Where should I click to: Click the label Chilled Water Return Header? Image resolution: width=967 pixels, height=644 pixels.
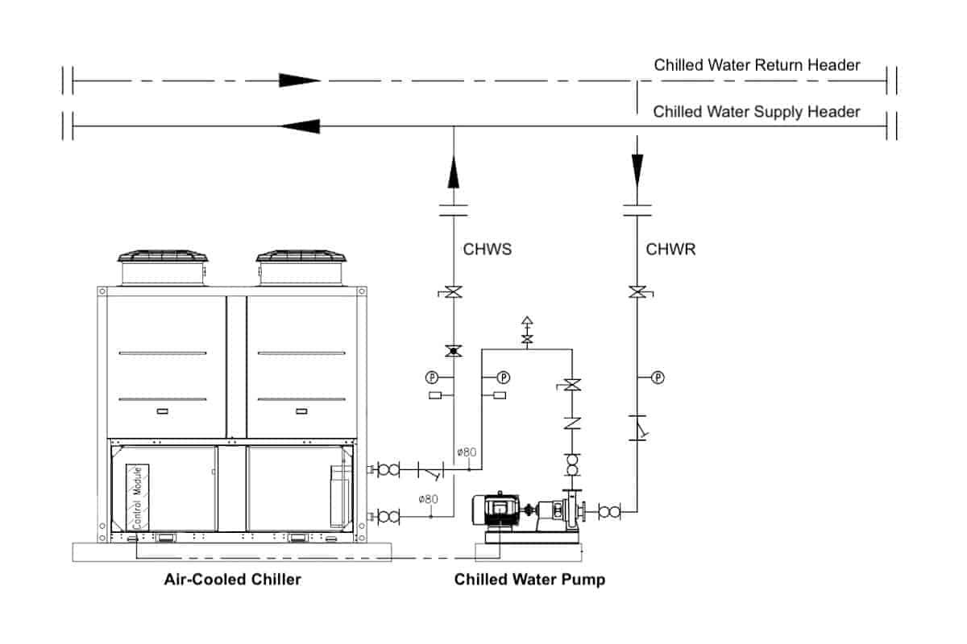click(x=757, y=65)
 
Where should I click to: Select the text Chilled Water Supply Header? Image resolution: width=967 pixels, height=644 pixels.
click(x=756, y=112)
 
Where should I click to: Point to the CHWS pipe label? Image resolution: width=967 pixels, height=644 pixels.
click(x=487, y=250)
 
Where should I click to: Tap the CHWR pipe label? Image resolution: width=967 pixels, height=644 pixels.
click(x=670, y=250)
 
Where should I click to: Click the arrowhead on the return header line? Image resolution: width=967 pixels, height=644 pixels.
click(x=299, y=80)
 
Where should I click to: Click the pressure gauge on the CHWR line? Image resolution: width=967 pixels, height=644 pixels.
click(x=658, y=377)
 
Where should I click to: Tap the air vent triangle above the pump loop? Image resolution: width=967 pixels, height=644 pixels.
click(x=527, y=321)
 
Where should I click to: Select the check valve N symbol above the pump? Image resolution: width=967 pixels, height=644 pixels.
click(x=571, y=423)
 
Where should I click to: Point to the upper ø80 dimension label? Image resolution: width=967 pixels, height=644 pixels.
click(x=467, y=452)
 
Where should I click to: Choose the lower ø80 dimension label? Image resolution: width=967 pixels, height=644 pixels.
click(x=428, y=499)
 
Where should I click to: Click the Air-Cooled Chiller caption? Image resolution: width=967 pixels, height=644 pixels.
click(x=232, y=579)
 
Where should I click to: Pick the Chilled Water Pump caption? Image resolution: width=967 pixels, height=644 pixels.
click(x=529, y=579)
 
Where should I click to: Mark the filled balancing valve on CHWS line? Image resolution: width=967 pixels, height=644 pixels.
click(x=454, y=351)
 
